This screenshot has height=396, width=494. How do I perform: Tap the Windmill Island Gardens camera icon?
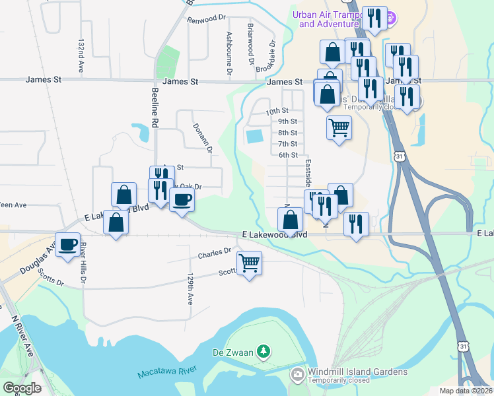click(x=297, y=376)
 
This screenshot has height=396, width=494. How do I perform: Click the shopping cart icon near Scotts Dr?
click(x=250, y=263)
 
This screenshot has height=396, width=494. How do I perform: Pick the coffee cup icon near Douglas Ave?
click(x=67, y=244)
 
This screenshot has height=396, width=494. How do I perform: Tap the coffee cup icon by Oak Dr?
click(x=182, y=199)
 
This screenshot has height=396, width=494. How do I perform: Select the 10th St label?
click(x=278, y=111)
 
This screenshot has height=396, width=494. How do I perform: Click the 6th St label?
click(x=288, y=155)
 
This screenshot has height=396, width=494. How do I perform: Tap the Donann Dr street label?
click(x=201, y=138)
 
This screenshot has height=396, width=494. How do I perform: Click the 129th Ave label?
click(x=190, y=288)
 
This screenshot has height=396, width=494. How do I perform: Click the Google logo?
click(x=22, y=388)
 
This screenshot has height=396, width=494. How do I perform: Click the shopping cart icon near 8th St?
click(x=339, y=127)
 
